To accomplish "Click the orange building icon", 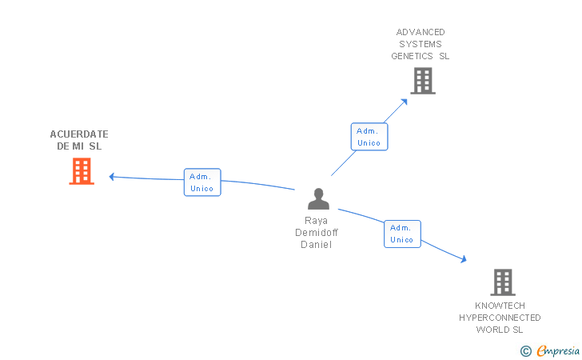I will (82, 171).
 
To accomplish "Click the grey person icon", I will (318, 199).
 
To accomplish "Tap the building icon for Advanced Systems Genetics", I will (422, 81).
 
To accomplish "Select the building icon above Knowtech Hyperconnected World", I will (502, 282).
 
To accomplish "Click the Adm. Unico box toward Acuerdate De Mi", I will (202, 182).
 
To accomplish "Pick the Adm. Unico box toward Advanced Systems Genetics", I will (369, 137).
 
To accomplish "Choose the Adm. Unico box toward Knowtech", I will (402, 234).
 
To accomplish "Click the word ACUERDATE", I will (79, 134).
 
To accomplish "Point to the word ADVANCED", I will (421, 32).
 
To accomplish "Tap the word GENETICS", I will (412, 56).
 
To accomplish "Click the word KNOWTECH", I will (500, 306).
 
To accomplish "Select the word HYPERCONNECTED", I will (500, 318).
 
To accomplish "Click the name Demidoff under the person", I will (317, 233).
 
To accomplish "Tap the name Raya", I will (317, 221).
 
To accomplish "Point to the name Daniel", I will (317, 245).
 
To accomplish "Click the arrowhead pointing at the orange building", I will (112, 176).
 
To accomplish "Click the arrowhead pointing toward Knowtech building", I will (463, 259).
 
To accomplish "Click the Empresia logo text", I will (559, 350).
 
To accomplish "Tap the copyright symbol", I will (526, 350).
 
